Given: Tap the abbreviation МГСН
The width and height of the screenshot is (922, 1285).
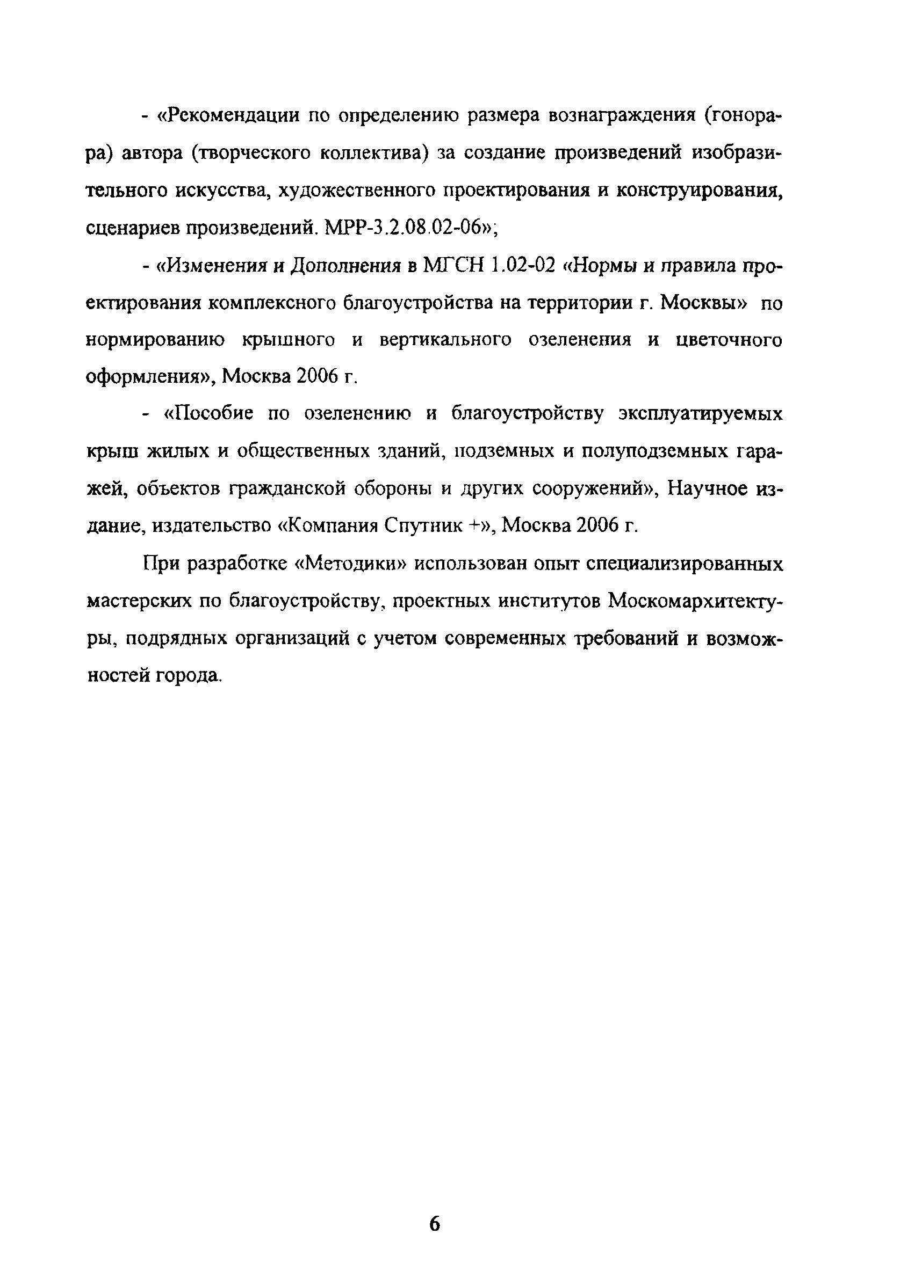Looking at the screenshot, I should click(x=453, y=265).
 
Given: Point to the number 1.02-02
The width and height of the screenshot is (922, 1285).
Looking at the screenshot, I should click(x=523, y=265).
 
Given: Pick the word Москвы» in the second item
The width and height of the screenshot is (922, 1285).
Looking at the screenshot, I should click(x=704, y=303).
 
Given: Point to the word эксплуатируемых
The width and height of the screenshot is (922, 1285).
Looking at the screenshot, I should click(x=701, y=414).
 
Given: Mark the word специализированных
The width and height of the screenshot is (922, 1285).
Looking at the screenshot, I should click(x=685, y=564).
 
